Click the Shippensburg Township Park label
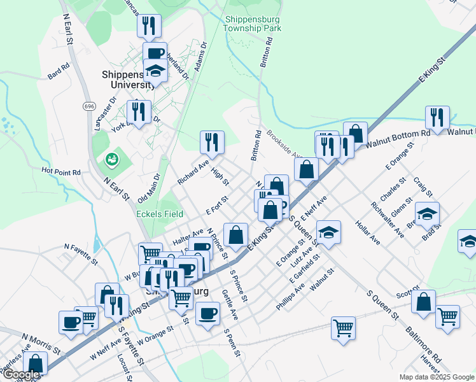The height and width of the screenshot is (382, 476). coord(253,24)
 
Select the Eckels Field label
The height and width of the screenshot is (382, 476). coord(160,214)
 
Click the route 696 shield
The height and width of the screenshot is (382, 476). coord(89,106)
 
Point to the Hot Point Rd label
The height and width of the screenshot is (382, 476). coord(61,171)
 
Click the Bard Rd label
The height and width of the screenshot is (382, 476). coord(58,72)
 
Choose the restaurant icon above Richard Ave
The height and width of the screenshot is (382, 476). coord(212,143)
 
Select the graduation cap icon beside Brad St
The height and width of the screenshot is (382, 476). coord(427,213)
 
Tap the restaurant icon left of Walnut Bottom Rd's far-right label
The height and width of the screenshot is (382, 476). coord(437,117)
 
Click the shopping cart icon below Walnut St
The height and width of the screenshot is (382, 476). coord(343,328)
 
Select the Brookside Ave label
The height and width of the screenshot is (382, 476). coord(283,143)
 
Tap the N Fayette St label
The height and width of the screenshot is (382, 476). coord(81,253)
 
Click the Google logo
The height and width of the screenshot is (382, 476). coord(20,374)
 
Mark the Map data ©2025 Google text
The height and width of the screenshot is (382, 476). coord(436,377)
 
